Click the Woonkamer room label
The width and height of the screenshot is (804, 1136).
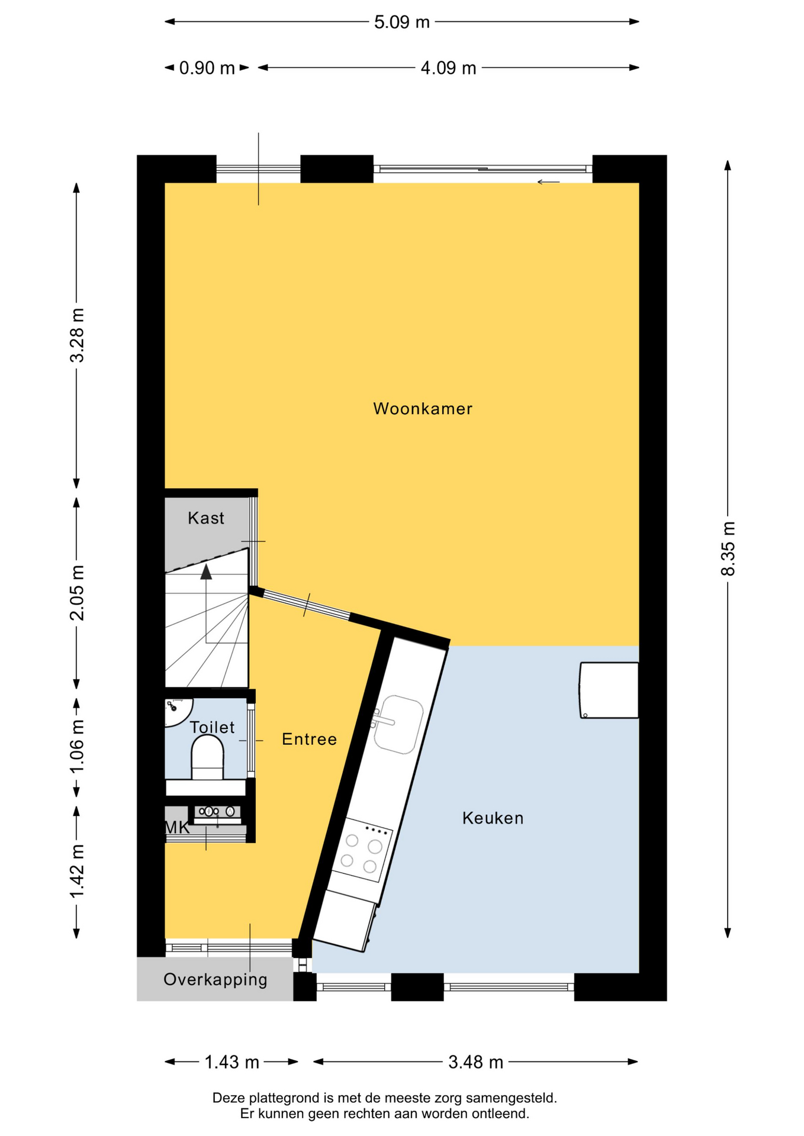point(423,409)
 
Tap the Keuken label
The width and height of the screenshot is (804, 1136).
point(493,818)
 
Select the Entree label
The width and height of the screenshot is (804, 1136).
point(309,739)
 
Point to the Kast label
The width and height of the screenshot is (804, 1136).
point(206,518)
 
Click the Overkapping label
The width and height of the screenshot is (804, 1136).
point(216,980)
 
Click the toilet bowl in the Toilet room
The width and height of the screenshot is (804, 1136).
point(207,757)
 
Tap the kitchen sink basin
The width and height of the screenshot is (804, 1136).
point(398,725)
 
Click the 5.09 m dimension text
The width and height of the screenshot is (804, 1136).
point(402,22)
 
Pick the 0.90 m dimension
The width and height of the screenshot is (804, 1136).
point(207,68)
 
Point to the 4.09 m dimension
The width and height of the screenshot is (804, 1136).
point(448,68)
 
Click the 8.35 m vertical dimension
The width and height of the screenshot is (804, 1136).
point(728,548)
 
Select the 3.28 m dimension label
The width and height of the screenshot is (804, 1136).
point(77,335)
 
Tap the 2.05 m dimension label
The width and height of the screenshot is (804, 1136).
point(77,593)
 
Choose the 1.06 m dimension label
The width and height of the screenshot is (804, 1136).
point(77,747)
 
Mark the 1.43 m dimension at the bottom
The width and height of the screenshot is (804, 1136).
point(231,1062)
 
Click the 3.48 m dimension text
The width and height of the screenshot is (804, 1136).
point(475,1062)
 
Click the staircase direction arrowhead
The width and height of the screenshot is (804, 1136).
point(206,572)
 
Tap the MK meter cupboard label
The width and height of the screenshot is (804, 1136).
point(177,828)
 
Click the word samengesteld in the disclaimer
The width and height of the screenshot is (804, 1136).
point(512,1098)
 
